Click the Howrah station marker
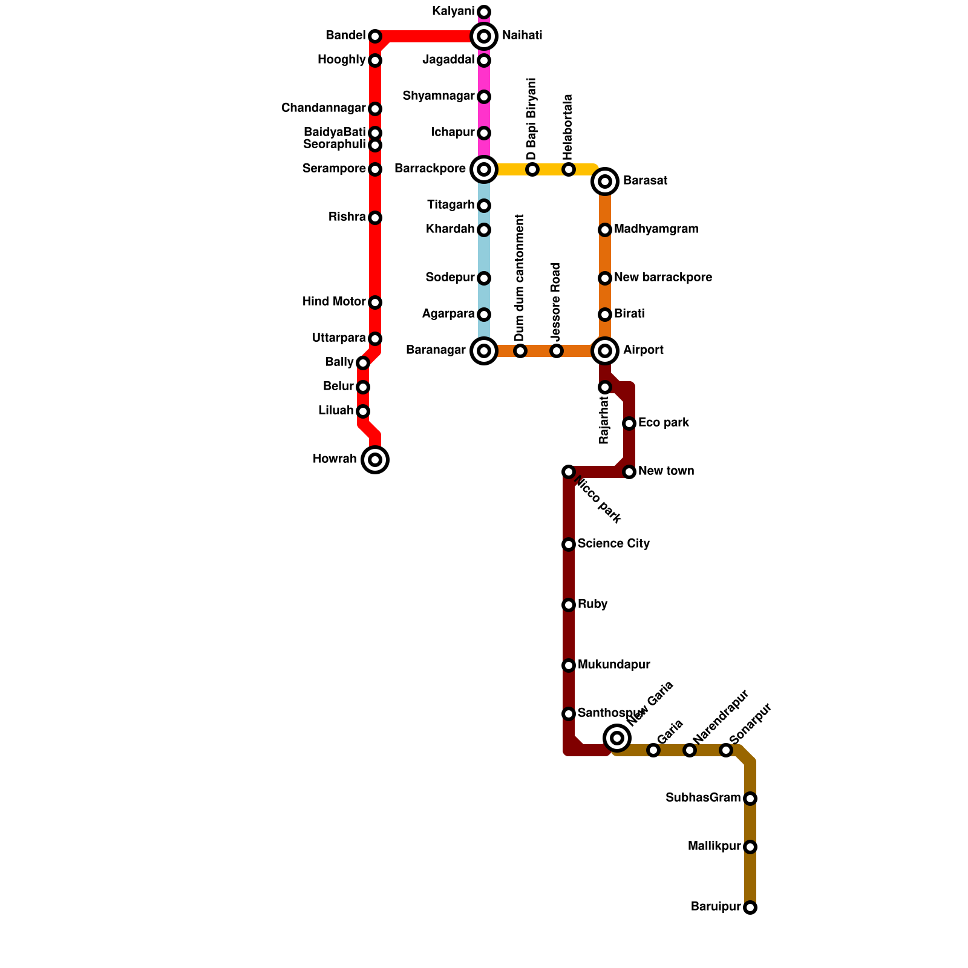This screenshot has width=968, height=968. [x=375, y=460]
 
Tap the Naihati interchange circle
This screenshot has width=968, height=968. [x=484, y=36]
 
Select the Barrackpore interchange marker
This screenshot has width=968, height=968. [x=484, y=169]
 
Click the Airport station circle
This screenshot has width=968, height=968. [x=605, y=351]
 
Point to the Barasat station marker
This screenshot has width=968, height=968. [x=605, y=181]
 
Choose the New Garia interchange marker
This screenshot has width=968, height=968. [x=617, y=737]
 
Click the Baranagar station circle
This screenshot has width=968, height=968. [x=484, y=351]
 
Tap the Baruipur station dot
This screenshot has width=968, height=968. [x=750, y=907]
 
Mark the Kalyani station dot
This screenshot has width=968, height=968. [x=484, y=12]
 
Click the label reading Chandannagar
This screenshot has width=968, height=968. [x=324, y=108]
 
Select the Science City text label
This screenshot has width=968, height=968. [x=613, y=544]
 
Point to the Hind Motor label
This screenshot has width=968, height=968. [x=334, y=302]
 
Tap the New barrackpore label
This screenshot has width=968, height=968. [x=662, y=278]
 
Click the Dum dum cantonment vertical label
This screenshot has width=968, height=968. [x=520, y=278]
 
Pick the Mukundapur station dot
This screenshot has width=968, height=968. [x=569, y=665]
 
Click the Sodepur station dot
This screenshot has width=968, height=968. [x=484, y=278]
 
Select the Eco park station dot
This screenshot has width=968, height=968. [x=629, y=423]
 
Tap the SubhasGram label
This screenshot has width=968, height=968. [x=703, y=798]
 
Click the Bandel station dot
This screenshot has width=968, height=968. [x=375, y=36]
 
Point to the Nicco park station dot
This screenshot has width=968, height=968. [x=568, y=472]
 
